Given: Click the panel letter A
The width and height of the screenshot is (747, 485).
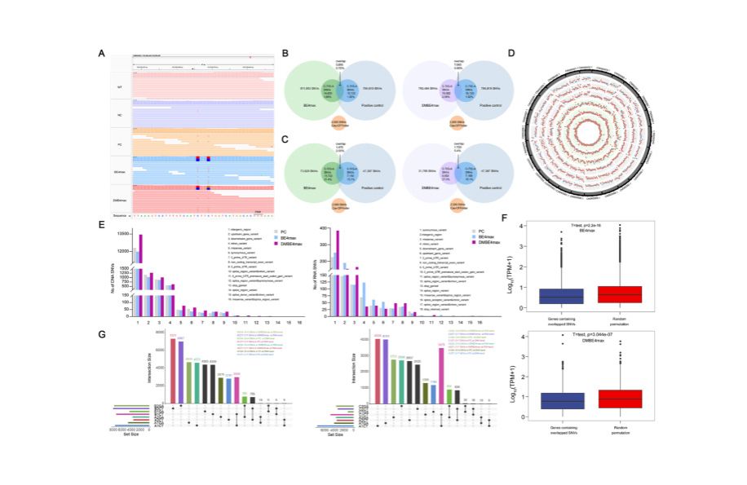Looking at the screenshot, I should coord(101,54).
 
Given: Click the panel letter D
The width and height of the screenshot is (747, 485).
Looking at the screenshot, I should coord(511,54).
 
